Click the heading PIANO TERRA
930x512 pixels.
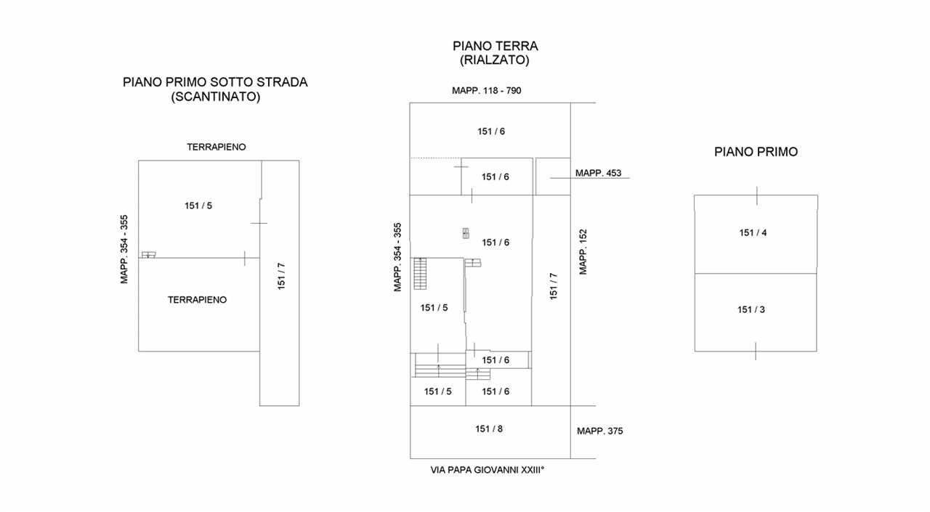(495, 46)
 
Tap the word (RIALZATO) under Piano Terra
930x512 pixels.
(495, 61)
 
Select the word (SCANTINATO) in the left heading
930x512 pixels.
(215, 97)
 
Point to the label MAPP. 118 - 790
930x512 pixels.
(487, 91)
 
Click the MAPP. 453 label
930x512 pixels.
(599, 173)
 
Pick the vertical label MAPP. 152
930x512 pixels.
(583, 251)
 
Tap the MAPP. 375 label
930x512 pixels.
(600, 431)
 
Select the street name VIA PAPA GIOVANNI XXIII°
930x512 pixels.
(488, 470)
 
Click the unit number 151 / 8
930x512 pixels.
(489, 428)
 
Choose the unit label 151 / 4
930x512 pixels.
(753, 233)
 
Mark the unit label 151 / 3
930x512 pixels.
(751, 309)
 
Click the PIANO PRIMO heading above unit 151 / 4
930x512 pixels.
(756, 152)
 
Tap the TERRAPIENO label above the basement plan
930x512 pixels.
(217, 147)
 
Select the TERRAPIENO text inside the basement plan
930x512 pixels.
(198, 299)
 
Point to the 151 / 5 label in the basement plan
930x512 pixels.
(198, 206)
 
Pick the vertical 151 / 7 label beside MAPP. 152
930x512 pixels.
(554, 286)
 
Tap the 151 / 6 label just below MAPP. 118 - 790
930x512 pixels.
(491, 131)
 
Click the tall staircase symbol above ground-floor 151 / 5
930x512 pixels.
(420, 274)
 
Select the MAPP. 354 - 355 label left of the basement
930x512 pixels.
(124, 248)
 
